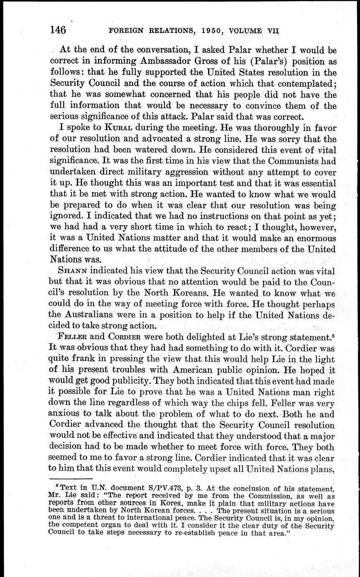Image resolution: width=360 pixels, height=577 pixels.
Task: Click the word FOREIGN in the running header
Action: pos(127,31)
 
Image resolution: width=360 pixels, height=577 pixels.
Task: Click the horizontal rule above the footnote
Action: pos(71,479)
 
